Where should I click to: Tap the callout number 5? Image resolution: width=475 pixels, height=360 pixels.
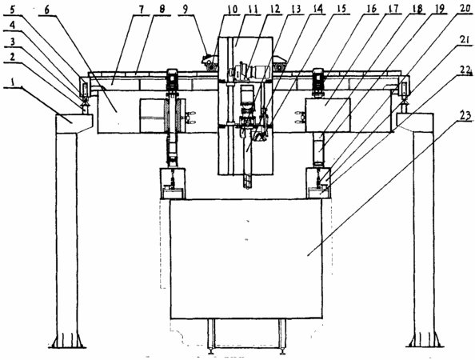click(x=13, y=10)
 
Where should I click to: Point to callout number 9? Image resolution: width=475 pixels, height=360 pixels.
click(x=185, y=9)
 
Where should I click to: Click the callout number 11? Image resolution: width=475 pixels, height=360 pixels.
click(x=253, y=10)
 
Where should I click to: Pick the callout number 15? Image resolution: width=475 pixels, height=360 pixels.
click(x=342, y=9)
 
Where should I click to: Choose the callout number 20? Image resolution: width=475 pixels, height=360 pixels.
click(x=465, y=9)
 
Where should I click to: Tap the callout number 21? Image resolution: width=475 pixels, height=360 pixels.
click(x=465, y=40)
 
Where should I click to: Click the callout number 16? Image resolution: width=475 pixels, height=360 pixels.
click(x=371, y=9)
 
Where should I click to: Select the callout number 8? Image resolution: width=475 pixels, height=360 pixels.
click(x=162, y=10)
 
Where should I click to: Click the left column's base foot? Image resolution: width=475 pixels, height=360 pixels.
click(x=67, y=342)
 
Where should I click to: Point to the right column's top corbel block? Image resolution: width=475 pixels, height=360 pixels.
click(x=415, y=122)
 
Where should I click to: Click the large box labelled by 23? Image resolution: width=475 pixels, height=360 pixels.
click(x=246, y=259)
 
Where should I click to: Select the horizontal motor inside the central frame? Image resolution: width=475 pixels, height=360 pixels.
click(x=248, y=72)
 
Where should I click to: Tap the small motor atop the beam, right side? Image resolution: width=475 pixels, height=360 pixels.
click(x=318, y=79)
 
